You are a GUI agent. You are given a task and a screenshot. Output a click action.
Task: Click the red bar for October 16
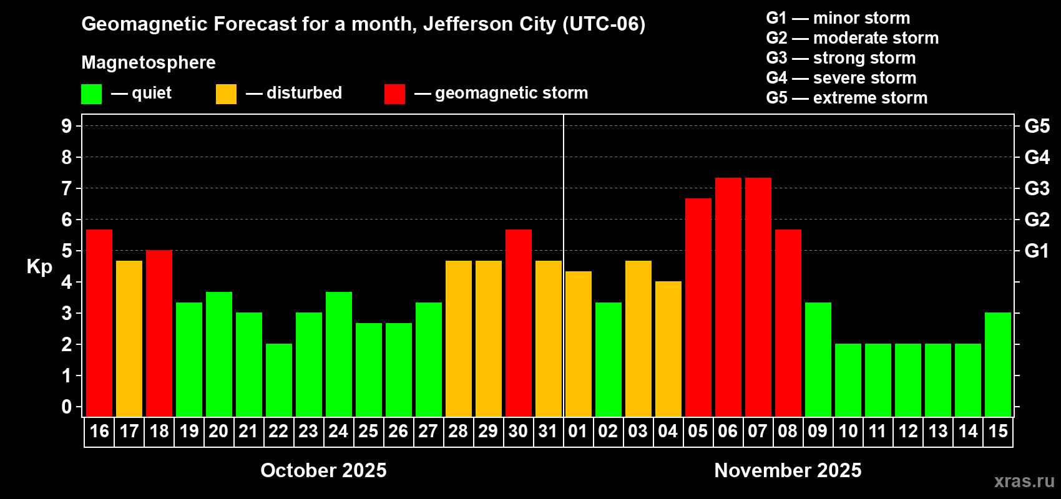point(99,323)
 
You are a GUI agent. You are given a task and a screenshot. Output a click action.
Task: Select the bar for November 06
point(728,298)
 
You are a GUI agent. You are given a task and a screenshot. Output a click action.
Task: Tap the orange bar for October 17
point(129,339)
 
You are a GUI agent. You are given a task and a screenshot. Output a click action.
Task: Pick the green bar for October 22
point(279,380)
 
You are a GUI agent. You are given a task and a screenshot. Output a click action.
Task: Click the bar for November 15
point(997,364)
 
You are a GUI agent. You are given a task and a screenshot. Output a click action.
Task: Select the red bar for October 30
point(519,323)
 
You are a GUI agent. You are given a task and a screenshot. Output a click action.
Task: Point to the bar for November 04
point(668,349)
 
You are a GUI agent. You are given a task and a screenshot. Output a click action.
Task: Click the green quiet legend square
point(92,94)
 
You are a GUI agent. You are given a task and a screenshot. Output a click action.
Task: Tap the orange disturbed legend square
point(226,94)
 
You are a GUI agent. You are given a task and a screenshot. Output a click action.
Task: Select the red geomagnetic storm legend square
point(394,94)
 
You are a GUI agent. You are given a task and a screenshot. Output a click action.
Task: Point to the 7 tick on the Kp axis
point(67,188)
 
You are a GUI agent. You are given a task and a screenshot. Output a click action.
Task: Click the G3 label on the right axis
point(1037,188)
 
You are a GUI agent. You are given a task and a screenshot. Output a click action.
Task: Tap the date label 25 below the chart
point(368,432)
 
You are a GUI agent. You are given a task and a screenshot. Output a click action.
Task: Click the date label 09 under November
point(818,432)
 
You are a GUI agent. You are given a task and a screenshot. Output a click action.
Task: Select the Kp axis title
point(39,267)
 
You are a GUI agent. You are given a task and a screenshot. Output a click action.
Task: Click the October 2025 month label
point(323,470)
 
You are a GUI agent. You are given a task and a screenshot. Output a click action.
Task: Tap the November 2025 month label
point(788,470)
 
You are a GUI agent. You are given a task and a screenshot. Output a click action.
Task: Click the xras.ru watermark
point(1024,481)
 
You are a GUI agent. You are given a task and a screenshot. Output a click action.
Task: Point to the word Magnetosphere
point(149,62)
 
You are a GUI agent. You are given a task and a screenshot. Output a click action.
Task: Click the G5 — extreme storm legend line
point(846,98)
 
